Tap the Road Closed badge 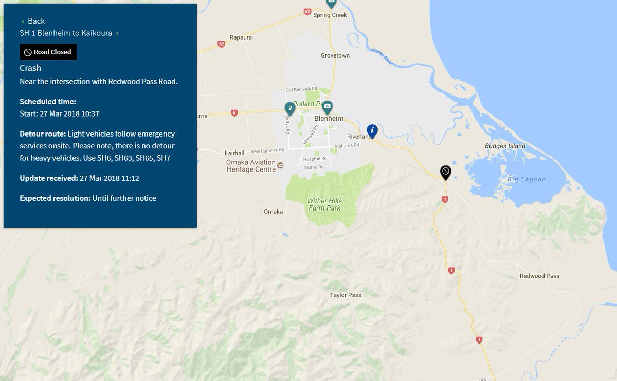pyautogui.click(x=48, y=52)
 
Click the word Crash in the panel pyautogui.click(x=30, y=68)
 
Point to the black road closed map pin pyautogui.click(x=446, y=172)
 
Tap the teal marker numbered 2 pyautogui.click(x=290, y=108)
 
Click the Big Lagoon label pyautogui.click(x=527, y=179)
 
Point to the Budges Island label pyautogui.click(x=505, y=146)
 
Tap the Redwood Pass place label pyautogui.click(x=539, y=276)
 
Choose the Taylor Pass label pyautogui.click(x=346, y=295)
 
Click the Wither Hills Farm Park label pyautogui.click(x=325, y=204)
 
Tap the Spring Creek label pyautogui.click(x=330, y=15)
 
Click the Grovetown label pyautogui.click(x=335, y=55)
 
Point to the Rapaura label pyautogui.click(x=241, y=37)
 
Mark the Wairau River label pyautogui.click(x=381, y=56)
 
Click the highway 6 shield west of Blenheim pyautogui.click(x=234, y=113)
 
